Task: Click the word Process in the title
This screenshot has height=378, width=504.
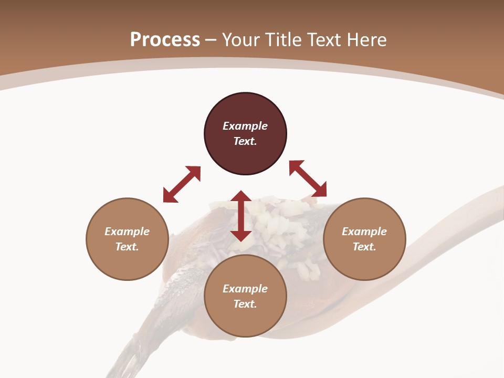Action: click(165, 40)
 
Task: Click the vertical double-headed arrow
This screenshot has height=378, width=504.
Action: click(241, 216)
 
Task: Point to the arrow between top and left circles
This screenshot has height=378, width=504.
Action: click(182, 184)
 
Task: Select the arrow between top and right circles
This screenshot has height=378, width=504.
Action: click(308, 178)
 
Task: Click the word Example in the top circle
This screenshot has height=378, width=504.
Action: click(245, 126)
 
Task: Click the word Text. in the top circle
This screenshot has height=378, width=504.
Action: click(245, 141)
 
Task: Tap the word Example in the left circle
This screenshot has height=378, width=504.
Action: click(127, 232)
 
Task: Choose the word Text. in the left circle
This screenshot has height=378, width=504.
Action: click(127, 247)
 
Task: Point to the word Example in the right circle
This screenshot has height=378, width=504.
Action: click(364, 232)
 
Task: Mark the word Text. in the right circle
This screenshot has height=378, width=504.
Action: click(364, 247)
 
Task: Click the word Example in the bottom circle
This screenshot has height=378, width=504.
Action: click(245, 289)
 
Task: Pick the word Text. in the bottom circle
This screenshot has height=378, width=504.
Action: click(245, 304)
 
